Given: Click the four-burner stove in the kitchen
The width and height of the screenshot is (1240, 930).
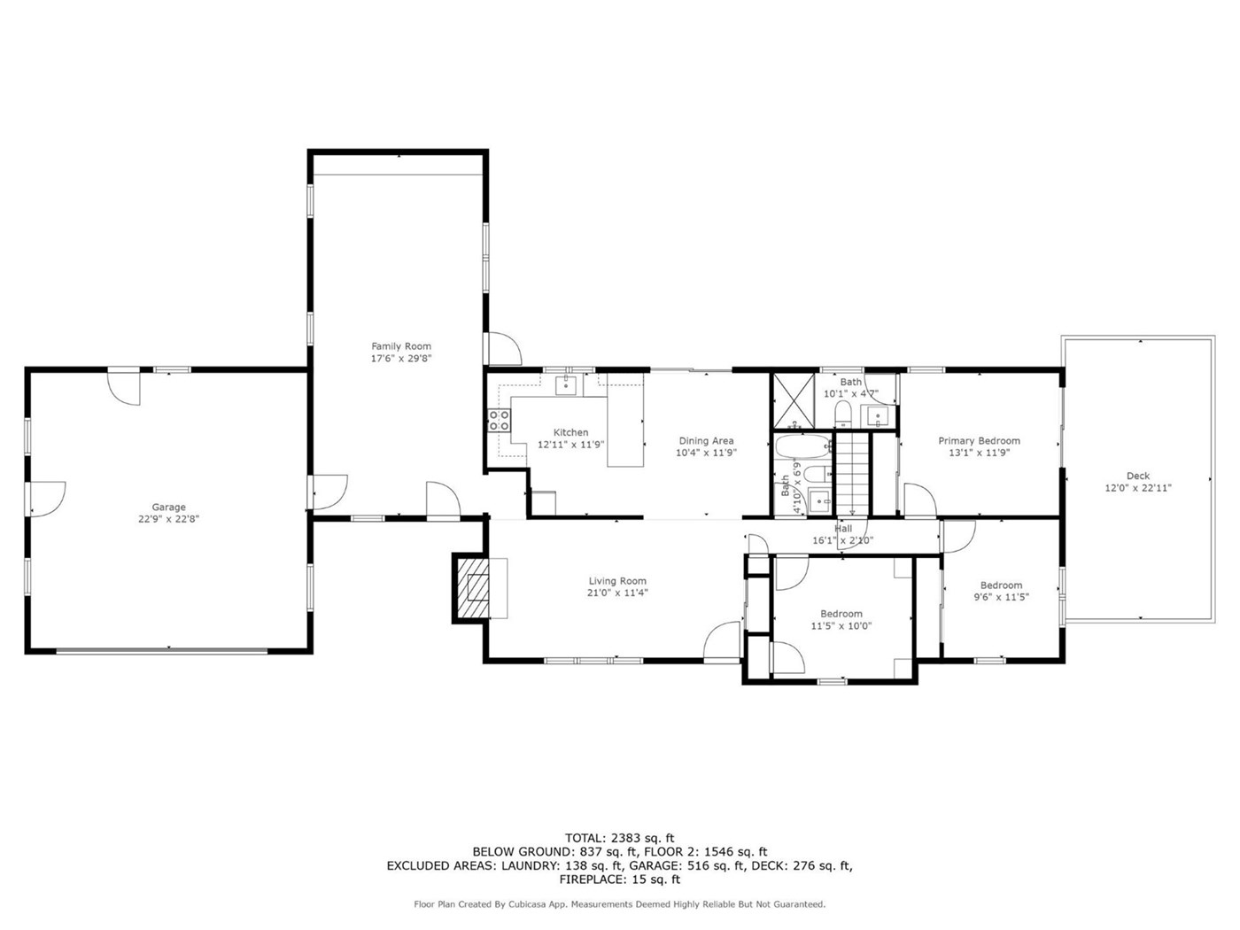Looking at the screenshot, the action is [x=499, y=420].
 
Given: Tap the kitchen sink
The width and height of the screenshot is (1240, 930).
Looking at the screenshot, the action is [x=565, y=385].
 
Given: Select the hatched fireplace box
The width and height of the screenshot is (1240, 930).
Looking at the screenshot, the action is [x=470, y=588].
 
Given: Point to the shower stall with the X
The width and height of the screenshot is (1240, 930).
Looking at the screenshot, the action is [x=794, y=400].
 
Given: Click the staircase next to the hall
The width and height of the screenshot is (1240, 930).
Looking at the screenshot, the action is [x=852, y=475].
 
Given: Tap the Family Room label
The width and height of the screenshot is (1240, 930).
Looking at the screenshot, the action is [x=401, y=346].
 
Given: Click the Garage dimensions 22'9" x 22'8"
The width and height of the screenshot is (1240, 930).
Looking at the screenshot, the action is [x=169, y=519].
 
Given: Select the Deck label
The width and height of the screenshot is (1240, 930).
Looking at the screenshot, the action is [x=1138, y=476].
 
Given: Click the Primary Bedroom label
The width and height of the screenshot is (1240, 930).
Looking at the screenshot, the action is [x=979, y=441].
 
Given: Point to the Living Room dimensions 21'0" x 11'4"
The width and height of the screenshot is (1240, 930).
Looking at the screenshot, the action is [x=617, y=593].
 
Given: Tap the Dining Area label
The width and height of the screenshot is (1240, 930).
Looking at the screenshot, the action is [x=706, y=441].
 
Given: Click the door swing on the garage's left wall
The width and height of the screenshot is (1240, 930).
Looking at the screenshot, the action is [x=48, y=500].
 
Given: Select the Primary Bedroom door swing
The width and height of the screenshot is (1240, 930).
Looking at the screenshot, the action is [x=920, y=500].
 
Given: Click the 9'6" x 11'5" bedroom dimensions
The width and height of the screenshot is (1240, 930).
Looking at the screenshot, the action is [x=1002, y=597].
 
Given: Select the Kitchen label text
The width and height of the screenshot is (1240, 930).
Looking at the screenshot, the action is [x=570, y=432].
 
